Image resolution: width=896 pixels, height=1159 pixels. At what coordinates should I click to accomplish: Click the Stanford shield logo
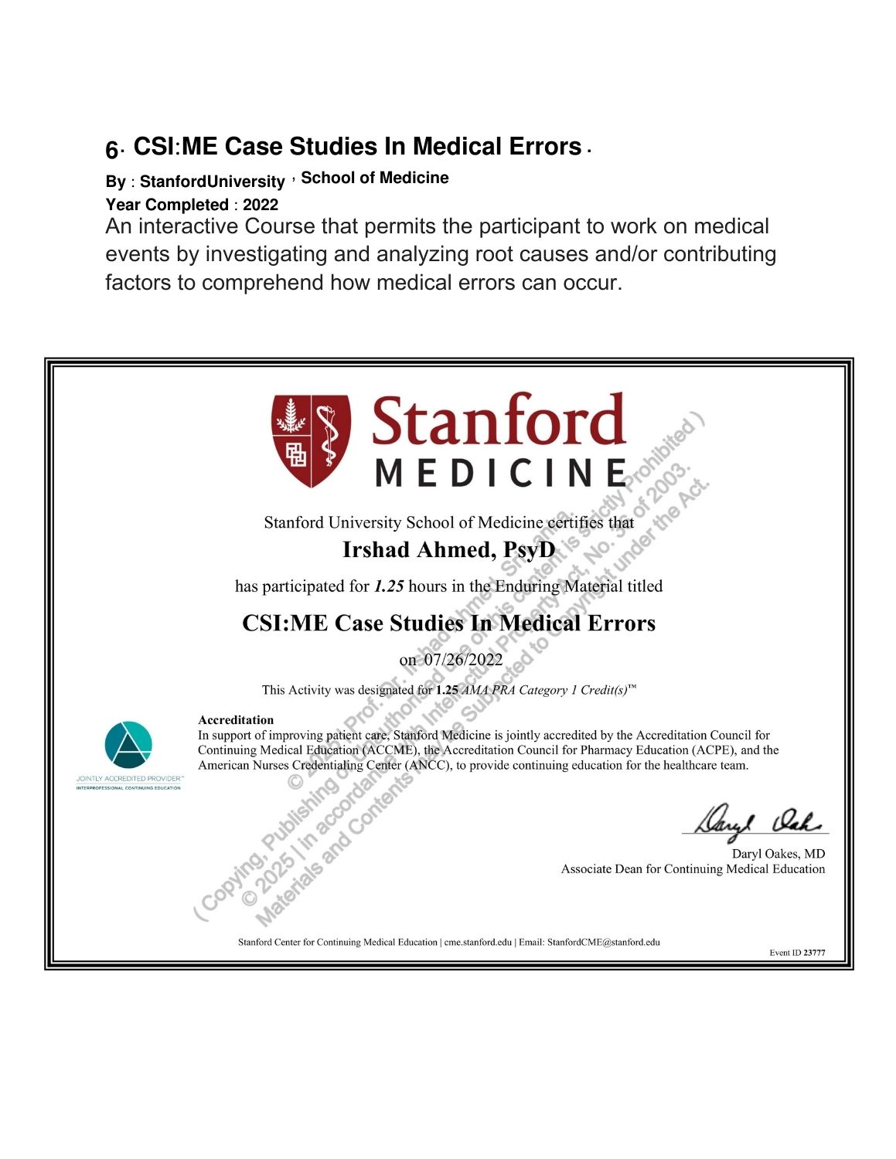tap(311, 441)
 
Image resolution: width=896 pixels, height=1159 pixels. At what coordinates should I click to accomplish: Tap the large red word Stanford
tap(498, 422)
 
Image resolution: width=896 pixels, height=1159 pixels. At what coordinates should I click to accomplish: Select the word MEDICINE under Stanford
tap(501, 473)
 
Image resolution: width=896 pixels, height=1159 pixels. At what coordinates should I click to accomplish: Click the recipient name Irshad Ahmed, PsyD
tap(448, 550)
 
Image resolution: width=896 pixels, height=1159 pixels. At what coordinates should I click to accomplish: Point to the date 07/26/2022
tap(463, 660)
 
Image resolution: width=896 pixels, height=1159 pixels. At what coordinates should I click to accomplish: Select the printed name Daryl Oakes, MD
tap(778, 854)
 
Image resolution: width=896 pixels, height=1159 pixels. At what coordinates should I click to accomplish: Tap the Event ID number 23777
tap(814, 953)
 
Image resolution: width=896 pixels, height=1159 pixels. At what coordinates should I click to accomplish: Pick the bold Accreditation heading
tap(236, 720)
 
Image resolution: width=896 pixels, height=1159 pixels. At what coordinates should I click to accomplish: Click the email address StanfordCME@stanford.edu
tap(603, 942)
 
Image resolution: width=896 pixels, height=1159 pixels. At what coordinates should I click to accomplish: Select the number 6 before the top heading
tap(112, 149)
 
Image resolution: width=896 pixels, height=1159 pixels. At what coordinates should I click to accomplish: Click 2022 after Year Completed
tap(261, 205)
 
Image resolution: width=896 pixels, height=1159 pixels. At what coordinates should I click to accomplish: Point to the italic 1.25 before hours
tap(389, 586)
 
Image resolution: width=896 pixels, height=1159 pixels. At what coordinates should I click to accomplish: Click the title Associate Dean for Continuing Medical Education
tap(693, 869)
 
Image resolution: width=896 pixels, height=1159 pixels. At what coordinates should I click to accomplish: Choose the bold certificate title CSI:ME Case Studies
tap(448, 623)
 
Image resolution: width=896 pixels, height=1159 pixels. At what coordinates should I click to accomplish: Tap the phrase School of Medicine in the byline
tap(374, 178)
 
